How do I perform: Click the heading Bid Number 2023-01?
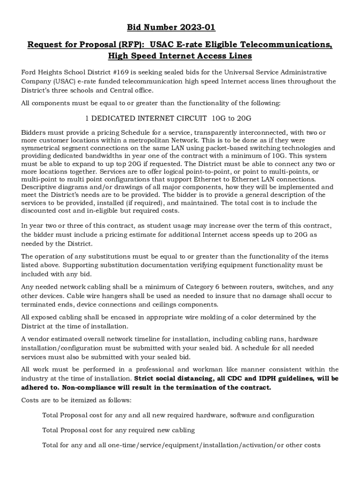coord(180,28)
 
